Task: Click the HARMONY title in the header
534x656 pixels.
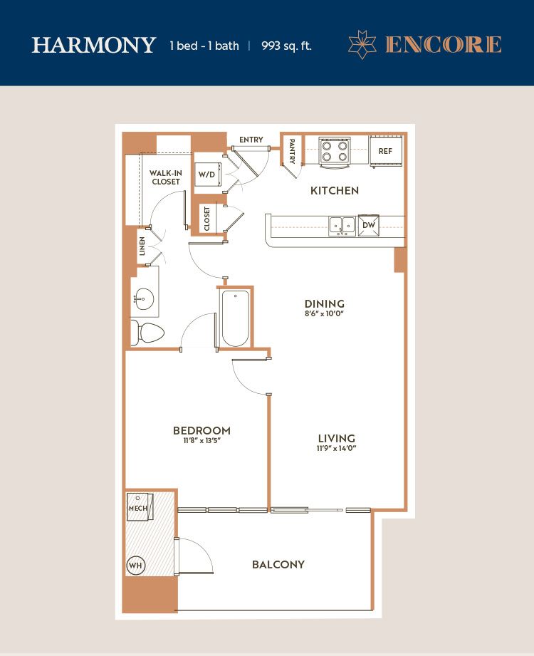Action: [x=94, y=45]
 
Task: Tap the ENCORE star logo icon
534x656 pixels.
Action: [x=362, y=44]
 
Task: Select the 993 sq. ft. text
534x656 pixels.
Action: [x=286, y=46]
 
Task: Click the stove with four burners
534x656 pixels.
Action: [x=335, y=152]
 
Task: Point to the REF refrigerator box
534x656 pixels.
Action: [x=386, y=151]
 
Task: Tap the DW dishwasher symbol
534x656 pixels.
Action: [x=368, y=225]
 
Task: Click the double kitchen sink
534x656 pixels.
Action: [x=342, y=226]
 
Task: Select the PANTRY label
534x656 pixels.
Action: [x=292, y=152]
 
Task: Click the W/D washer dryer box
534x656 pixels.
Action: [x=207, y=174]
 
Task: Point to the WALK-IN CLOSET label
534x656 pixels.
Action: [x=166, y=177]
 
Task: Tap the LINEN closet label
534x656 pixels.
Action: [x=142, y=246]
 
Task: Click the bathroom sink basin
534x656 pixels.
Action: [x=145, y=298]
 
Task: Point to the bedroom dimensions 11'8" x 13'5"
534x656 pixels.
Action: [x=201, y=441]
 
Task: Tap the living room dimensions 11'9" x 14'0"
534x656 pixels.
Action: [x=336, y=449]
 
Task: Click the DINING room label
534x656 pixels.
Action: [x=325, y=303]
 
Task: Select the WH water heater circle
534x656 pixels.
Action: [x=135, y=566]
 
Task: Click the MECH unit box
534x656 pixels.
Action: [x=140, y=507]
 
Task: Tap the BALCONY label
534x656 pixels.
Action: [x=278, y=564]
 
